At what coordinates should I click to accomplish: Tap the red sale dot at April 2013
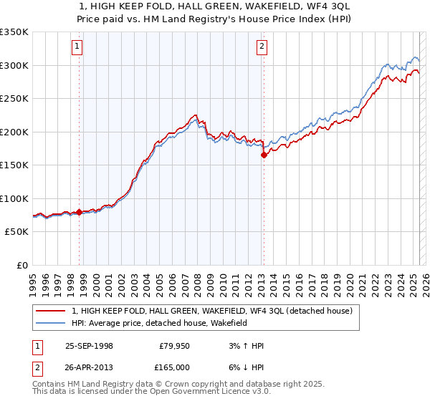(264, 155)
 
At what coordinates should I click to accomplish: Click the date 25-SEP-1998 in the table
(89, 346)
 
